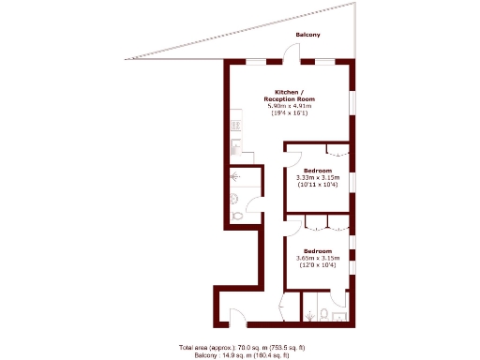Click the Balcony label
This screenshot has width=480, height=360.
pyautogui.click(x=308, y=35)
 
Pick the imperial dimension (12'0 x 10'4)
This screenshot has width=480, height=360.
pyautogui.click(x=317, y=265)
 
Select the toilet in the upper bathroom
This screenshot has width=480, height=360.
pyautogui.click(x=236, y=215)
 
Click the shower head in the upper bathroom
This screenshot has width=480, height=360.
pyautogui.click(x=234, y=176)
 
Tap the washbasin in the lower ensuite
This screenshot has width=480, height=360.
pyautogui.click(x=339, y=316)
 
